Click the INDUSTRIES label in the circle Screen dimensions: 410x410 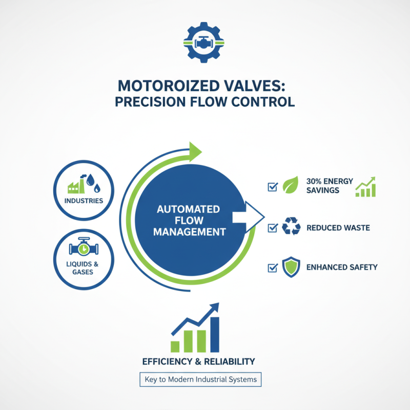click(x=84, y=200)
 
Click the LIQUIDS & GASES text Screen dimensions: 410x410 click(x=84, y=268)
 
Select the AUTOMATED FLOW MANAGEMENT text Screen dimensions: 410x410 click(x=188, y=220)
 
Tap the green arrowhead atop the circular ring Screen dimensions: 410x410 click(x=195, y=151)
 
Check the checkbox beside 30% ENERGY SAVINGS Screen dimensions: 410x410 click(x=273, y=187)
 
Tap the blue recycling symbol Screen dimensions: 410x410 click(x=291, y=227)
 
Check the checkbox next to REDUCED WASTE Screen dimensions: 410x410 click(x=273, y=227)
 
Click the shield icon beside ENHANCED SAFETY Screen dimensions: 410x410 click(x=290, y=267)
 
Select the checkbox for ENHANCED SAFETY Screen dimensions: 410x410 click(x=273, y=267)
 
